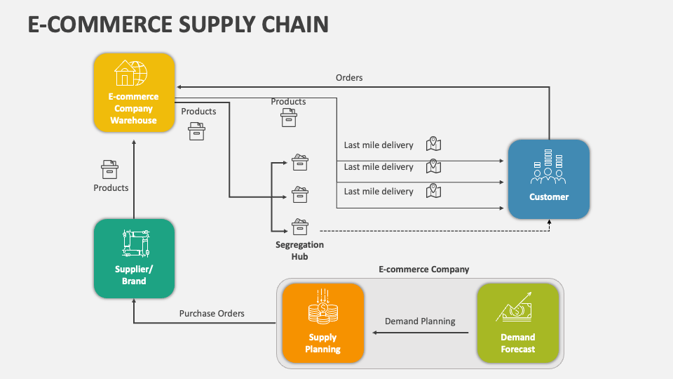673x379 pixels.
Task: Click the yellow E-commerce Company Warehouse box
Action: pos(134,93)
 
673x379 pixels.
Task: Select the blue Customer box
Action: pos(548,179)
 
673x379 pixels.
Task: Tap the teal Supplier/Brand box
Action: pos(134,258)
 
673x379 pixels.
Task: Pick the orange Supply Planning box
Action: pos(322,324)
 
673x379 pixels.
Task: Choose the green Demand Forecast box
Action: pos(517,324)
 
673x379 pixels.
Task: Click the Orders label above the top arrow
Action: pos(349,78)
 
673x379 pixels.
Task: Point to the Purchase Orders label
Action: pos(212,314)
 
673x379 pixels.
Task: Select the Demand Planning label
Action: pos(419,321)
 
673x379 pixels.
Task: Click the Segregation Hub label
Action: pos(299,251)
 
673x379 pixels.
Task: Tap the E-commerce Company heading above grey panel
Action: pos(423,270)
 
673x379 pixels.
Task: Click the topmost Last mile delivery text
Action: pos(379,145)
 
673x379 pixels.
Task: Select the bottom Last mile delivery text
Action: pos(379,192)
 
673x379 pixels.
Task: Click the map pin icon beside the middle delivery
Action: pos(434,166)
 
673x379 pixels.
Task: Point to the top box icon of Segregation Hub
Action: pos(300,162)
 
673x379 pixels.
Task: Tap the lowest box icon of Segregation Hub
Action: pos(300,226)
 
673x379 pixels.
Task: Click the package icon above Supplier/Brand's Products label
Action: pos(110,169)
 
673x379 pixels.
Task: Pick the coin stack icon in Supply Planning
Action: pos(322,308)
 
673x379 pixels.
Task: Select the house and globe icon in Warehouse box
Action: pos(132,73)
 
